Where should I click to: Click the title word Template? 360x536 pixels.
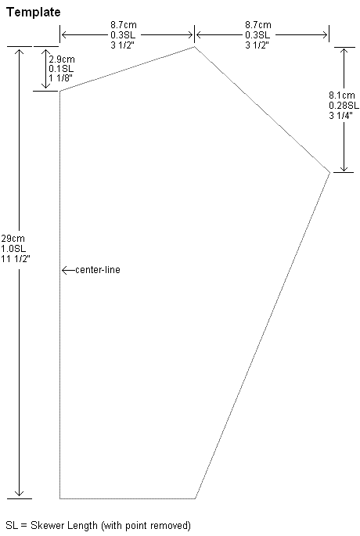(33, 13)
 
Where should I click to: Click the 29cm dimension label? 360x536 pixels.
(13, 238)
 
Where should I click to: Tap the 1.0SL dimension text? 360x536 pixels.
(13, 249)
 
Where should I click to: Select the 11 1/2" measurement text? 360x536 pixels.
(16, 259)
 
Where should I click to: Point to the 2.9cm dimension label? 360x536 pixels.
(62, 59)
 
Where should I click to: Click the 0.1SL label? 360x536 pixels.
(61, 69)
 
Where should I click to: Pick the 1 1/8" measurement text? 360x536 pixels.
(60, 78)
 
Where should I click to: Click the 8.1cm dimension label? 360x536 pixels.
(342, 95)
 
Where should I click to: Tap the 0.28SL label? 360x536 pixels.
(344, 106)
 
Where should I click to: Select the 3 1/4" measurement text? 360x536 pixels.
(340, 116)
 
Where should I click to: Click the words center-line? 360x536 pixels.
(98, 270)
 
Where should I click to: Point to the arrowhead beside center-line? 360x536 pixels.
(64, 270)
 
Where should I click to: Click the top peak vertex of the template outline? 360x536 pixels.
(195, 46)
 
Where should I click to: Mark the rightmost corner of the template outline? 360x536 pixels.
(330, 173)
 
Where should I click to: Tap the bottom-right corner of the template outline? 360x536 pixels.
(195, 498)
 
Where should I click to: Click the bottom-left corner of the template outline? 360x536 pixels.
(59, 498)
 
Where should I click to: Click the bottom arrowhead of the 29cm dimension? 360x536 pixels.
(19, 495)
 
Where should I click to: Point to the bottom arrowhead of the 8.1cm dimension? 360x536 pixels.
(344, 168)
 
